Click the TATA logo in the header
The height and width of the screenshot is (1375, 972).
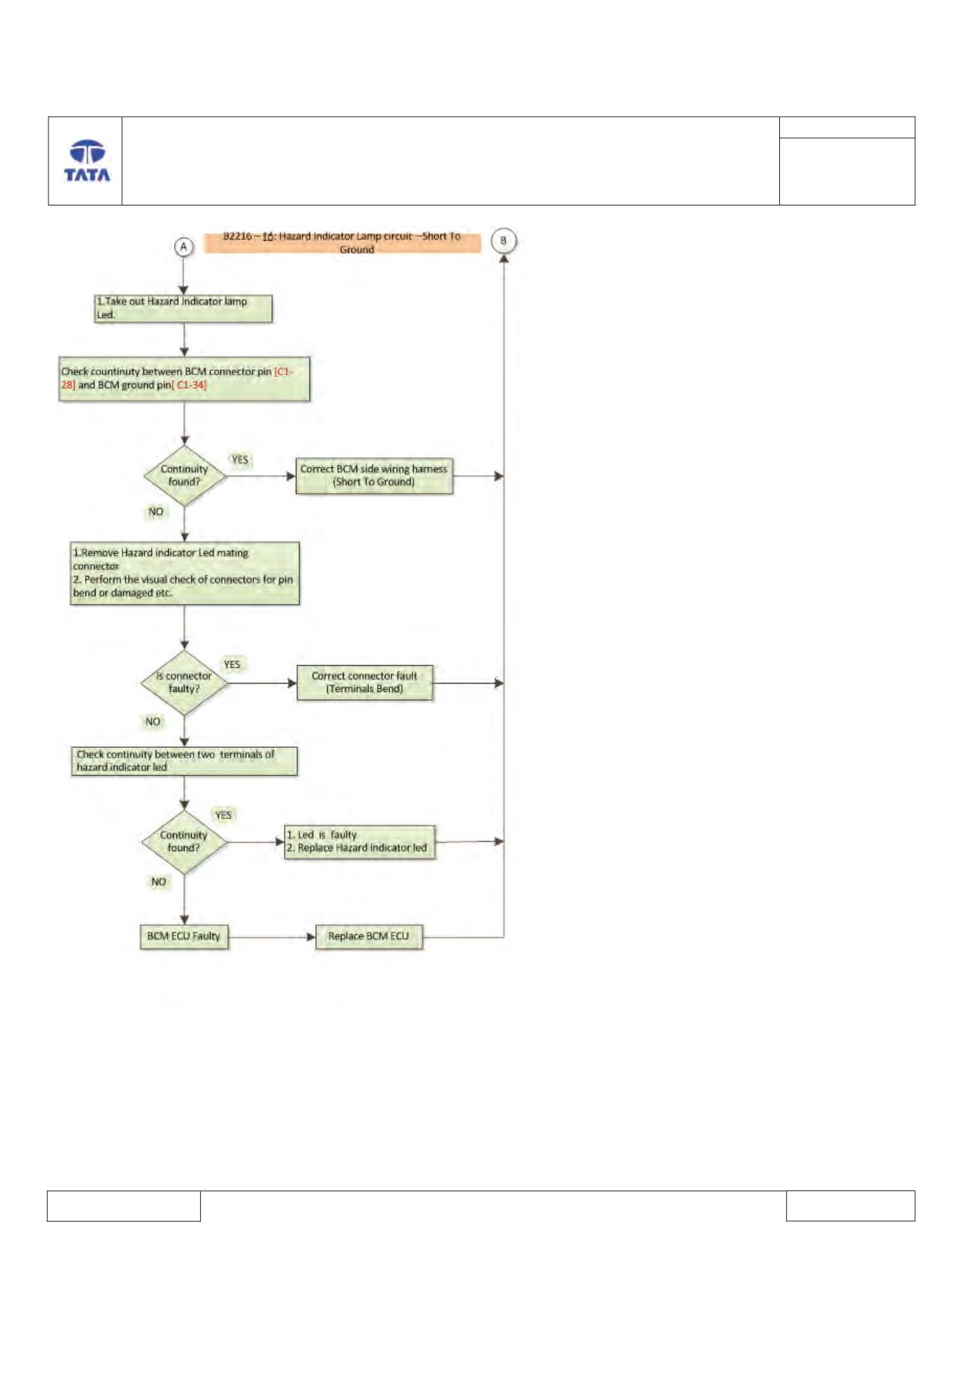pyautogui.click(x=87, y=161)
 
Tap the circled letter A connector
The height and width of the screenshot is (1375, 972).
pyautogui.click(x=184, y=247)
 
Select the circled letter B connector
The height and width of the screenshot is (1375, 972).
pyautogui.click(x=504, y=241)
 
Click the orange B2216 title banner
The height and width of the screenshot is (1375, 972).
pyautogui.click(x=342, y=243)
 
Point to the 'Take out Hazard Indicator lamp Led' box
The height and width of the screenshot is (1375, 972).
pyautogui.click(x=183, y=309)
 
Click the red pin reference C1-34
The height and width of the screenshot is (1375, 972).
pyautogui.click(x=190, y=386)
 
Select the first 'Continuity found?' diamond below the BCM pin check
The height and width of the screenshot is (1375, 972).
pyautogui.click(x=185, y=476)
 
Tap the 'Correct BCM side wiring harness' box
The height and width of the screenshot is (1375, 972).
pyautogui.click(x=374, y=476)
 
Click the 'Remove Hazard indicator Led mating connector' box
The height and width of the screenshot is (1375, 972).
pyautogui.click(x=185, y=573)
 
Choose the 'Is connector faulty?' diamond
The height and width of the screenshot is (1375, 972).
pyautogui.click(x=185, y=683)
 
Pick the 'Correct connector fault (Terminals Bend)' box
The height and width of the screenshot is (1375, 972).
pyautogui.click(x=365, y=683)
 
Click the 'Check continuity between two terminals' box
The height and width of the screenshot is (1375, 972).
pyautogui.click(x=185, y=761)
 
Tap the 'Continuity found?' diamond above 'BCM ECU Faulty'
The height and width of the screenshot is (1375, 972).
pyautogui.click(x=185, y=842)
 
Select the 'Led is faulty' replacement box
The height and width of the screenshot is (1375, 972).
pyautogui.click(x=359, y=842)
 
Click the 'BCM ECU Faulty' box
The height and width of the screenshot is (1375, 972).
pyautogui.click(x=184, y=936)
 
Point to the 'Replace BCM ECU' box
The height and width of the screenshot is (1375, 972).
pyautogui.click(x=369, y=936)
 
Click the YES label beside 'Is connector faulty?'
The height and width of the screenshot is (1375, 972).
pyautogui.click(x=232, y=664)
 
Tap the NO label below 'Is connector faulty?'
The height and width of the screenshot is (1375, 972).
pyautogui.click(x=153, y=722)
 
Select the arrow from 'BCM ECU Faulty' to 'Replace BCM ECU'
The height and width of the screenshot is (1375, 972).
pyautogui.click(x=272, y=937)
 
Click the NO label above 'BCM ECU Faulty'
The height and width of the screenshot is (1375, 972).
pyautogui.click(x=158, y=882)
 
